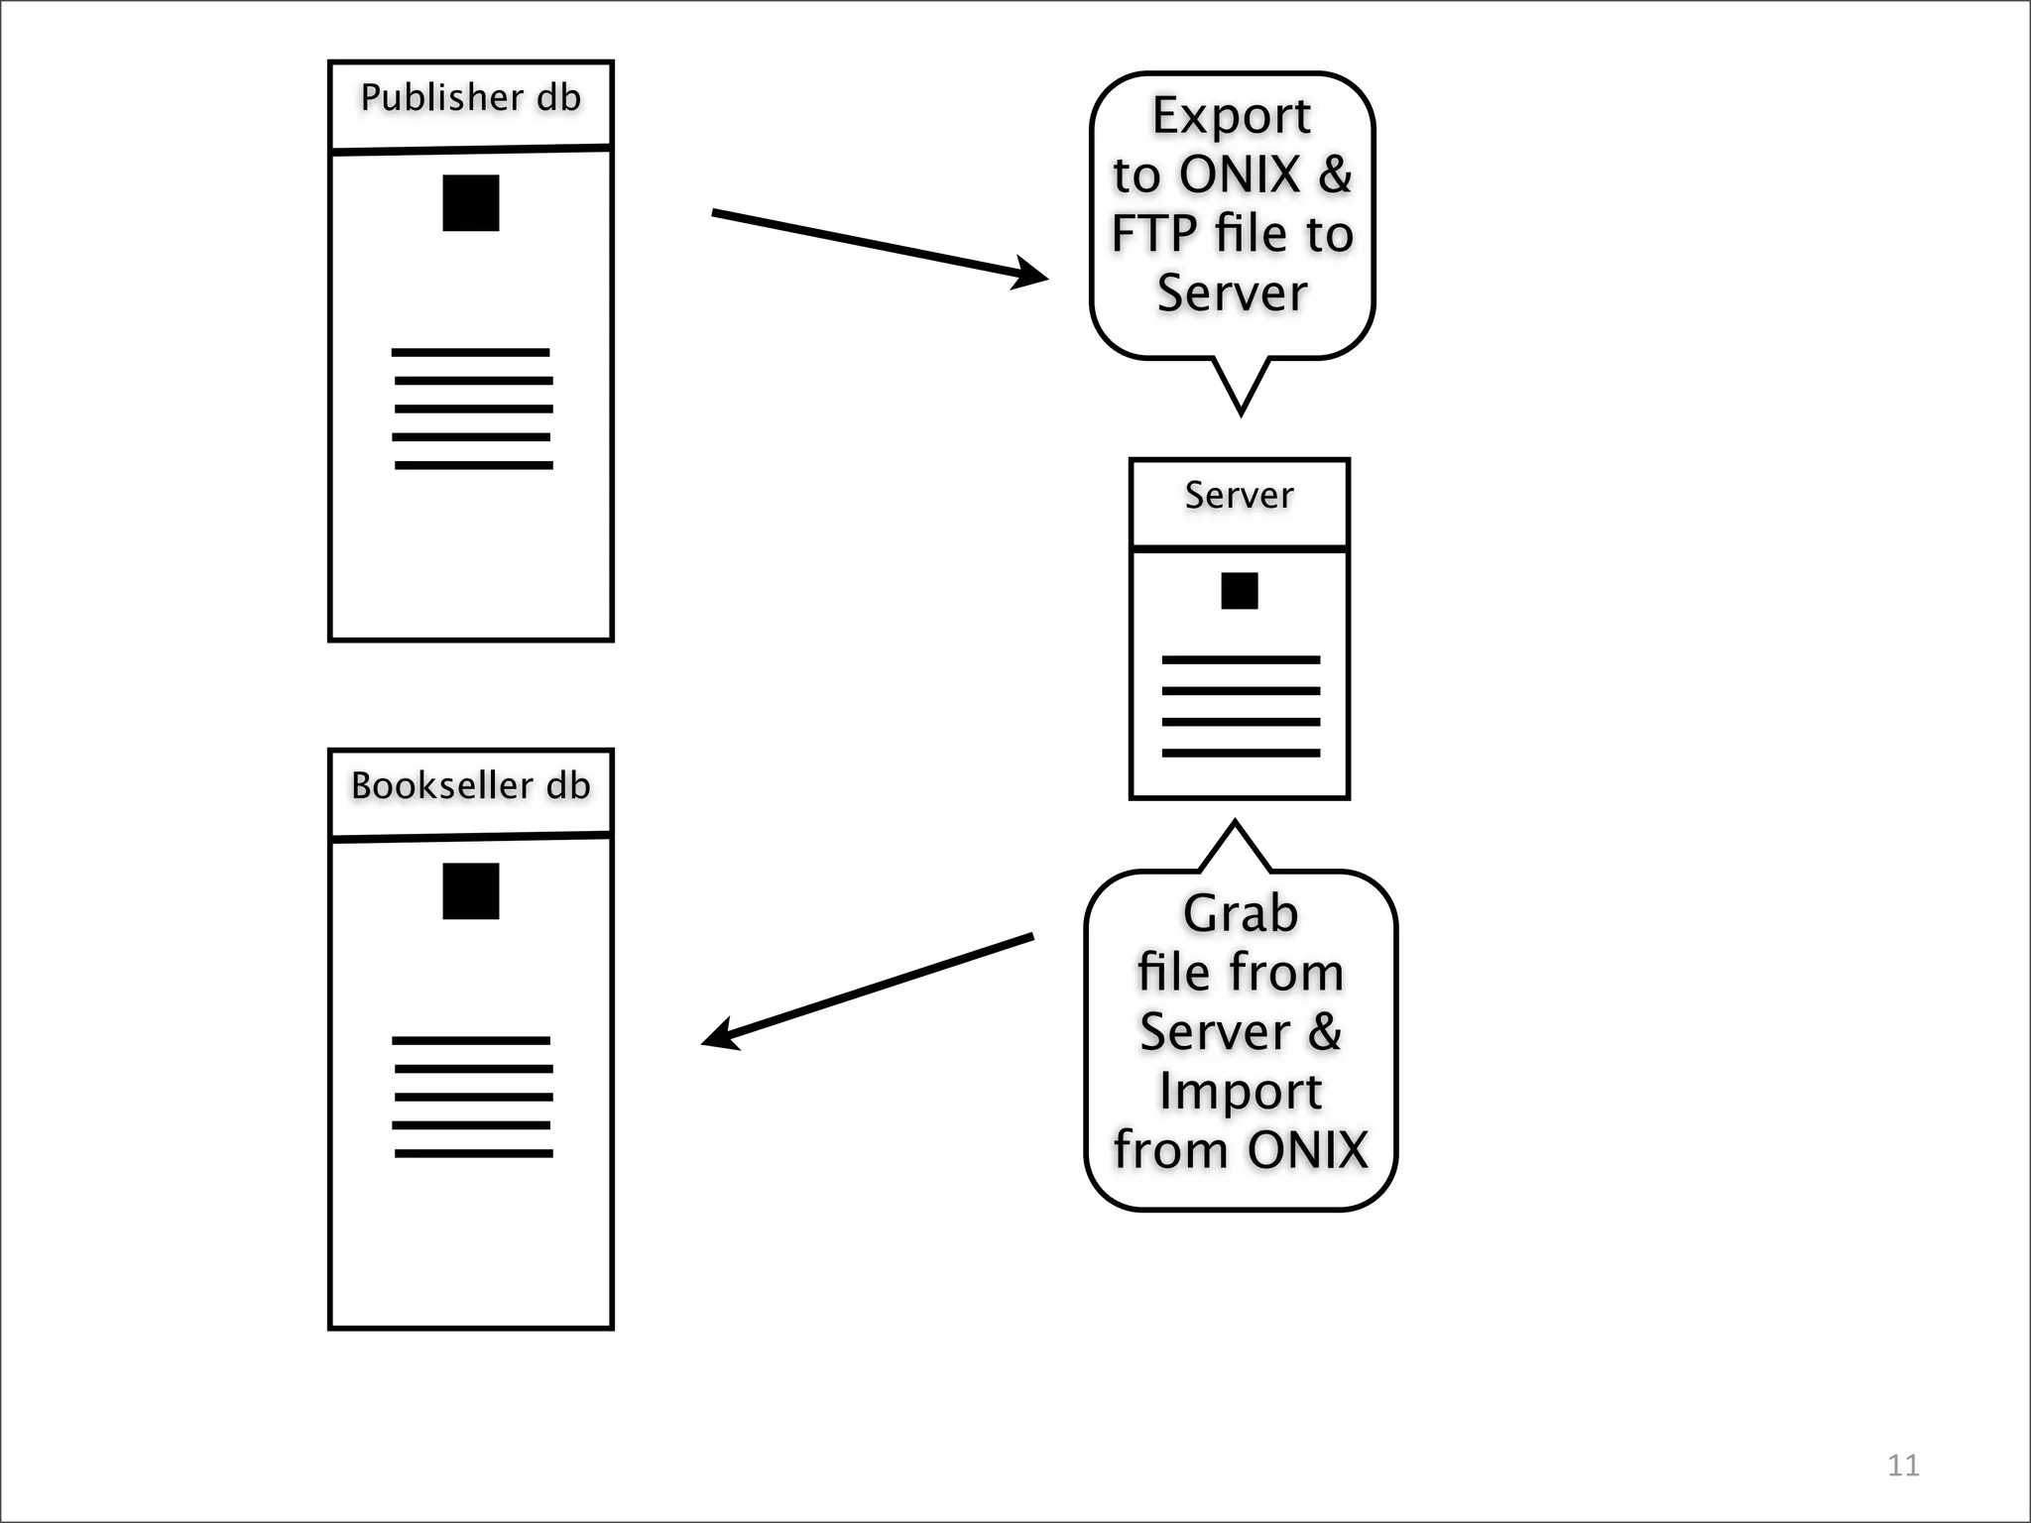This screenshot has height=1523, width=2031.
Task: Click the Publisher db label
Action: [x=470, y=97]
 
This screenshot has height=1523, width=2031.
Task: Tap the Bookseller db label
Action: [x=470, y=785]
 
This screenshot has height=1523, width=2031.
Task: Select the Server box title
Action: [x=1239, y=495]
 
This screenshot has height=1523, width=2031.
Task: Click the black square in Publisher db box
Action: [x=470, y=203]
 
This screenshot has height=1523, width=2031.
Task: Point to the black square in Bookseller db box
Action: [x=470, y=891]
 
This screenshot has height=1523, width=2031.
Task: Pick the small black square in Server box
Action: [x=1239, y=591]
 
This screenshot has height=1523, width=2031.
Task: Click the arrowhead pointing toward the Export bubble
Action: [x=1031, y=274]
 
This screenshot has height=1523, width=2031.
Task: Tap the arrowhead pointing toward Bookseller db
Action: [x=720, y=1035]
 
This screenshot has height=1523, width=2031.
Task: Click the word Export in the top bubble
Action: [x=1231, y=116]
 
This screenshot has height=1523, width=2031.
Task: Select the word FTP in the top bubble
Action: [x=1152, y=234]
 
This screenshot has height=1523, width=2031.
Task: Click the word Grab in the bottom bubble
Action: [x=1240, y=913]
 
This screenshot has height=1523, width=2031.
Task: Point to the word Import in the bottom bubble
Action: [x=1240, y=1091]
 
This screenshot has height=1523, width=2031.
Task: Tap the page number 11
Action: [x=1902, y=1465]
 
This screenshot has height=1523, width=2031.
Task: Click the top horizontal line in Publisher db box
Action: [x=470, y=352]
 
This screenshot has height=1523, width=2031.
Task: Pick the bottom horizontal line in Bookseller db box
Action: [x=473, y=1153]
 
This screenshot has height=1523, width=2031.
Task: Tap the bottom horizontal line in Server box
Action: [x=1240, y=753]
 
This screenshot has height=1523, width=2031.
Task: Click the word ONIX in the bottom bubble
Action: [x=1307, y=1150]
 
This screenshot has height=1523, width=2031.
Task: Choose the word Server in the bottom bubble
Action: [x=1214, y=1031]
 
